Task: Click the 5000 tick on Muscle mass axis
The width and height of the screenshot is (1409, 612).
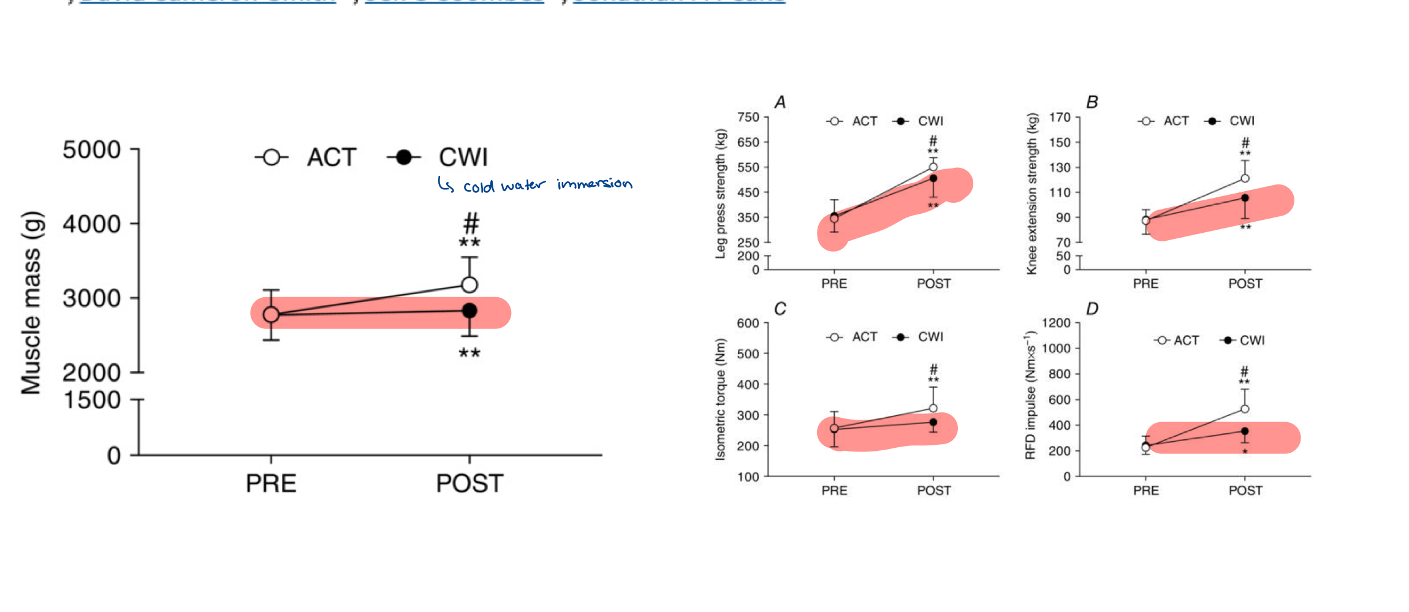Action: (x=92, y=149)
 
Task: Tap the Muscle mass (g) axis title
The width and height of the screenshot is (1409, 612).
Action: (x=32, y=303)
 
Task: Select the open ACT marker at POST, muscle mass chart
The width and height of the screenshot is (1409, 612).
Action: (x=469, y=284)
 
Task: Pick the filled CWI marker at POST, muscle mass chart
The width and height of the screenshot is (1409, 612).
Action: (x=469, y=311)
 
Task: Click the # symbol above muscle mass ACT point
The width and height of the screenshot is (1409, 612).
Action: (x=471, y=222)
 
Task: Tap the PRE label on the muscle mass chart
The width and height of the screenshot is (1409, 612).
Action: (x=271, y=483)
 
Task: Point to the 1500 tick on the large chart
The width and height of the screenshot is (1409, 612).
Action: (x=92, y=400)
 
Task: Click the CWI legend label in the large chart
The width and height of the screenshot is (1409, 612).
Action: (x=463, y=157)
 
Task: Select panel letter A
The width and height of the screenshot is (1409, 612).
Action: (x=780, y=102)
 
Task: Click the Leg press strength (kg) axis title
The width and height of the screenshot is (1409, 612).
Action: (x=721, y=194)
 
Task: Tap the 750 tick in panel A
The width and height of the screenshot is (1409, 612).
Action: (x=748, y=117)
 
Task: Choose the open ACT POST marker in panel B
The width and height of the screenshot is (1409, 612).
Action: (x=1245, y=178)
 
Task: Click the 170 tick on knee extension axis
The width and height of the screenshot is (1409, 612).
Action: (x=1060, y=117)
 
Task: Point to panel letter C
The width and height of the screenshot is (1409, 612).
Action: (x=780, y=309)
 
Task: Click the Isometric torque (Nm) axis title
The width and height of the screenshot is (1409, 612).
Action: (x=721, y=399)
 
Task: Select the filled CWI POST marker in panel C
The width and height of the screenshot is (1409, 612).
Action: (x=933, y=422)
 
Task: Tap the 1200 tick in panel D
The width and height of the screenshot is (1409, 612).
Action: (x=1055, y=323)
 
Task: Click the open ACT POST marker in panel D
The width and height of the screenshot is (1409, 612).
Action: (x=1245, y=409)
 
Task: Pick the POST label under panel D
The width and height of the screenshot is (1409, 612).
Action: (x=1245, y=490)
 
